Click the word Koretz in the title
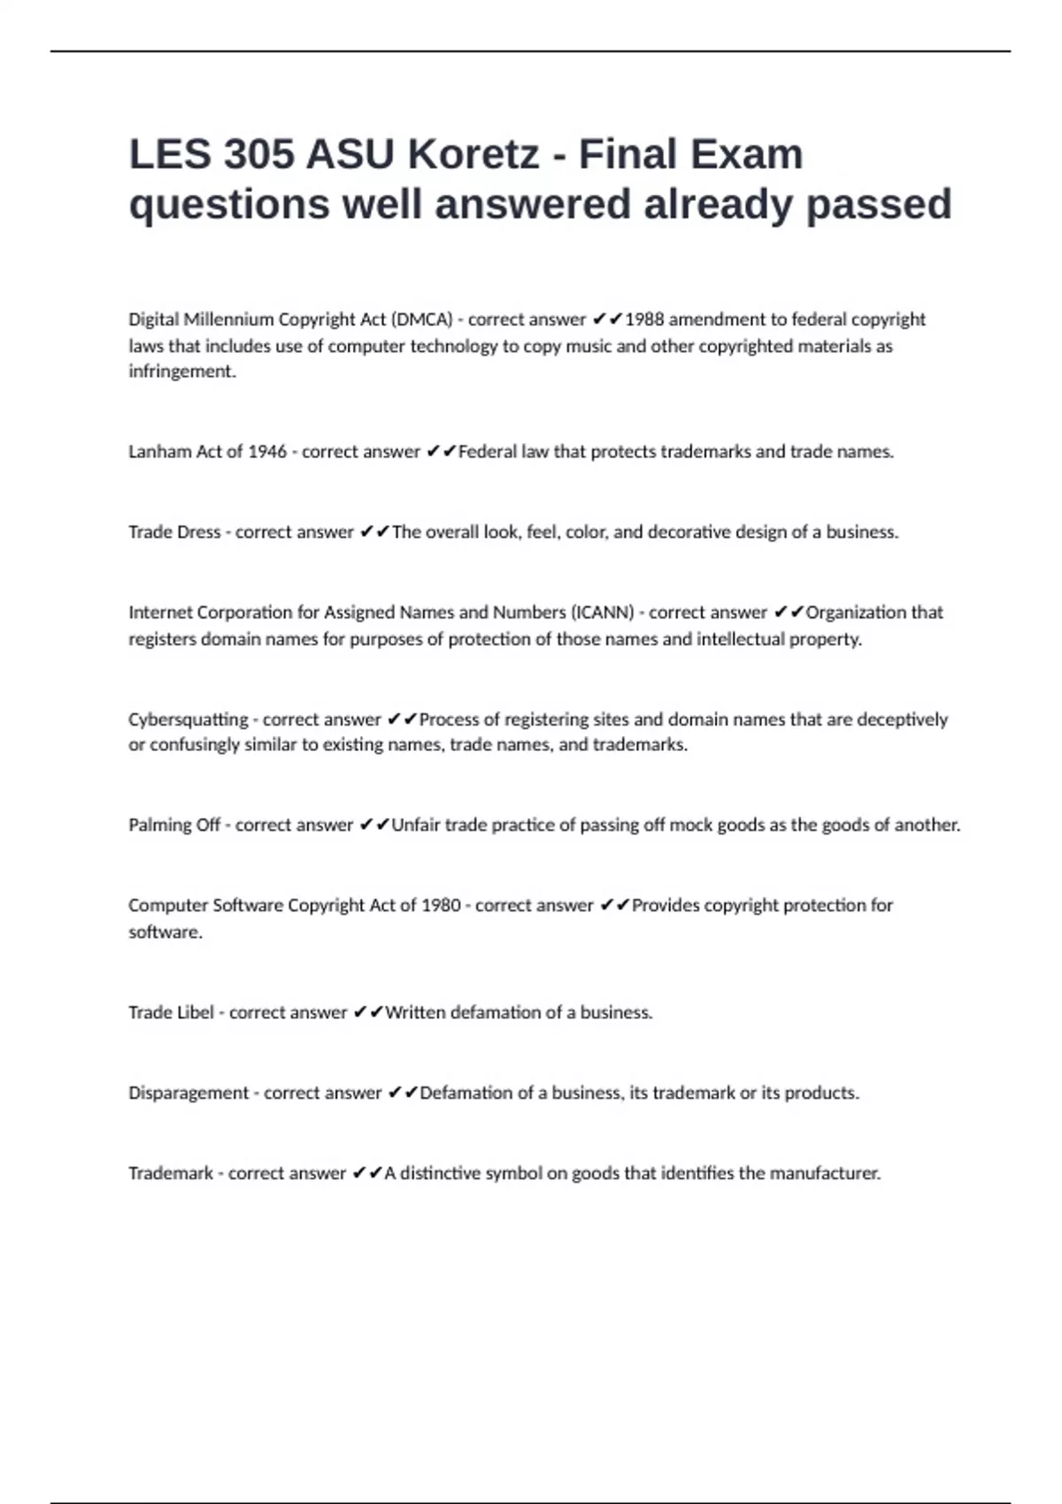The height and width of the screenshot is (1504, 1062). (x=473, y=155)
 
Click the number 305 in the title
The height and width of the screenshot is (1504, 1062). (x=258, y=155)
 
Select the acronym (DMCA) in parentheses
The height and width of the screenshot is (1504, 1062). (x=421, y=319)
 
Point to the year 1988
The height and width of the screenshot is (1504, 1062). (x=644, y=319)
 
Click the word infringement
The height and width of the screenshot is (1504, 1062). (x=182, y=372)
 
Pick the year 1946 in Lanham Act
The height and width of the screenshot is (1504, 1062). (x=266, y=452)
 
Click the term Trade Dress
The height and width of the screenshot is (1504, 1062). (x=174, y=533)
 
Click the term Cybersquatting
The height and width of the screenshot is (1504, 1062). (x=188, y=719)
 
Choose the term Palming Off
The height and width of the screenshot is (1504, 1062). (x=174, y=825)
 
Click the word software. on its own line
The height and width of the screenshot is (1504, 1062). (x=165, y=932)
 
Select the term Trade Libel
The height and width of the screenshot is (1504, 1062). (x=171, y=1013)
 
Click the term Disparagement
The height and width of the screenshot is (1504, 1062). (x=189, y=1093)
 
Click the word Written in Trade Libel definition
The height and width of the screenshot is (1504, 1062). (x=415, y=1013)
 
